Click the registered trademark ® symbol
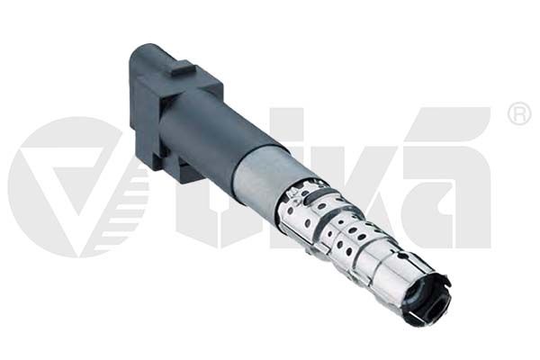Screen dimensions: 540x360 [x=519, y=113]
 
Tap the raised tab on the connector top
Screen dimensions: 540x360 [x=184, y=68]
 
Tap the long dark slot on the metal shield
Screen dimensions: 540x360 [x=314, y=197]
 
